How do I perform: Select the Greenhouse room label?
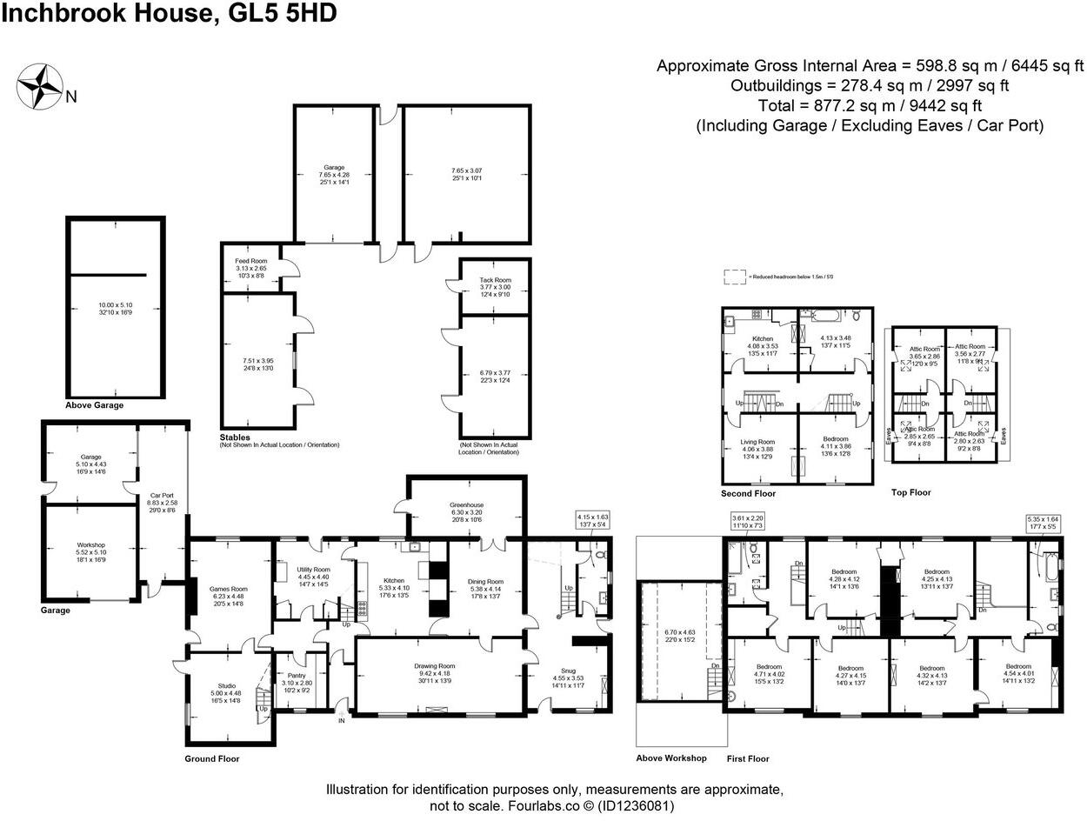[x=465, y=504]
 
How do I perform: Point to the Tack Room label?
[x=495, y=280]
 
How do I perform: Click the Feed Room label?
[x=250, y=261]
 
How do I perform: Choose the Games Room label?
[x=229, y=588]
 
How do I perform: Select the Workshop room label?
[x=90, y=545]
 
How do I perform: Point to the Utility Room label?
[x=313, y=569]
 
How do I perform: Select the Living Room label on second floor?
[x=757, y=442]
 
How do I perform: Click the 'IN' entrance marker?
[x=342, y=720]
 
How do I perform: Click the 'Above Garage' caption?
[x=94, y=405]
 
